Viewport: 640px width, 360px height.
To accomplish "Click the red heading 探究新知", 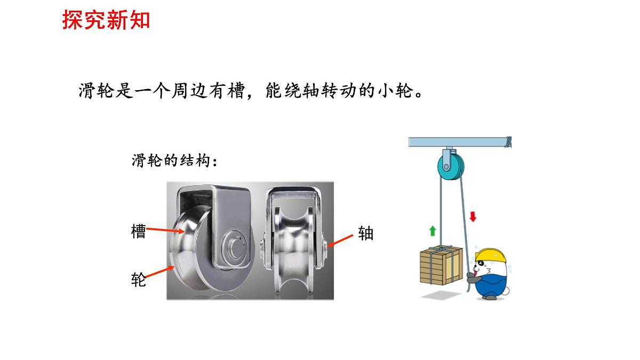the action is tap(106, 20).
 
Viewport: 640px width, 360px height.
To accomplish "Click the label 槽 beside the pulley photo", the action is tap(139, 231).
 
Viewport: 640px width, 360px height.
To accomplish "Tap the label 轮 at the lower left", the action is tap(139, 279).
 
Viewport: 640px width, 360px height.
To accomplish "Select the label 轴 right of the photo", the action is tap(366, 234).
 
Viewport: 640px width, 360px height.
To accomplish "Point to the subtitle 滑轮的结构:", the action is tap(174, 161).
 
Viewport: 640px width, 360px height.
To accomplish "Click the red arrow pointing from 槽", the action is tap(165, 230).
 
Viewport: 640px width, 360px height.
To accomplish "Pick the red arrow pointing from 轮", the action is tap(159, 271).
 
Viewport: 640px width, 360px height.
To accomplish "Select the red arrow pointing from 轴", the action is tap(341, 241).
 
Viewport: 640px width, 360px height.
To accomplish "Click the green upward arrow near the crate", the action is tap(433, 231).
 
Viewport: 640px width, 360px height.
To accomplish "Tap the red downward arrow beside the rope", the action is tap(473, 217).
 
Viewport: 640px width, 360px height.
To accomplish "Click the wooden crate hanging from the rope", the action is tap(441, 266).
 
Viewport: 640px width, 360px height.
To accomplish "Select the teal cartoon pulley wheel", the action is tap(451, 167).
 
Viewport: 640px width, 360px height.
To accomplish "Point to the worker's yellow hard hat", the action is tap(490, 255).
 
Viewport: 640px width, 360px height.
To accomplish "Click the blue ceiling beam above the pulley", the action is tap(460, 142).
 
